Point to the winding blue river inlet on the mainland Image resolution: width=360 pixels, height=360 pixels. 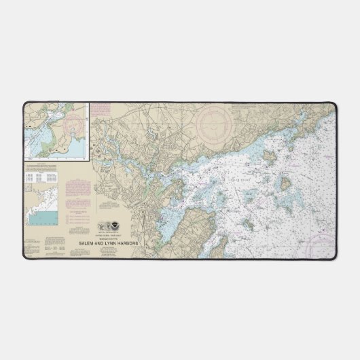120,164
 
